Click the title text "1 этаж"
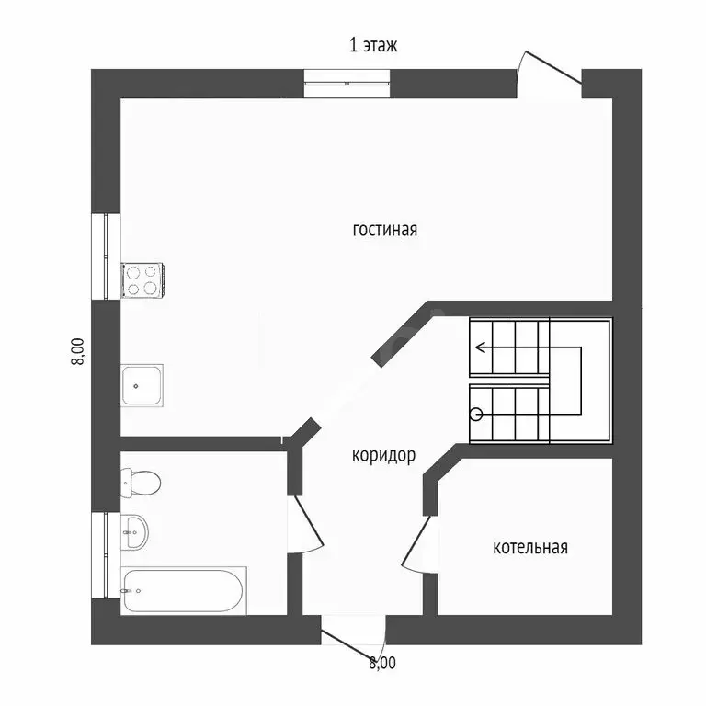pos(373,45)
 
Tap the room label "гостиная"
pos(384,230)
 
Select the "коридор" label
pos(383,455)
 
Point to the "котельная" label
pos(530,548)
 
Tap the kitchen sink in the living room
pos(143,386)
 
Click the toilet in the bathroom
pos(140,481)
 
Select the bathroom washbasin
pos(135,530)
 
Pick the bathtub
pos(184,590)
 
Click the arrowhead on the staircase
pos(480,347)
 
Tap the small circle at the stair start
pos(476,415)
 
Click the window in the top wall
pos(348,83)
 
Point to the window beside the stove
pos(106,256)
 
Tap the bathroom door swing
pos(308,524)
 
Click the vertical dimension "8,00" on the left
pos(78,351)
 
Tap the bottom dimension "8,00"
pos(381,662)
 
